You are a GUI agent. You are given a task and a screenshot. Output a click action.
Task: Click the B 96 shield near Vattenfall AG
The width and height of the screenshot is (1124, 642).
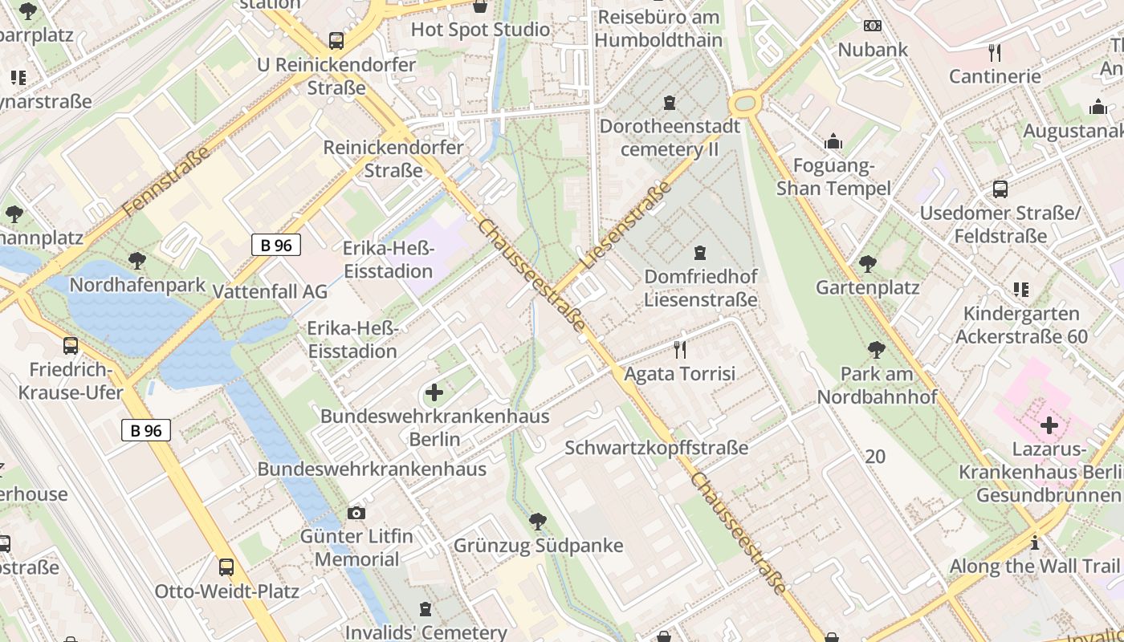(276, 245)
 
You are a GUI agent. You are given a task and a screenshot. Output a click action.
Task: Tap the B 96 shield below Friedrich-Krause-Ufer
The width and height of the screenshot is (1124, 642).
(146, 430)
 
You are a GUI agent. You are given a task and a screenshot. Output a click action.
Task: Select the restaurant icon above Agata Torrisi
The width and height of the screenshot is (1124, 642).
(680, 349)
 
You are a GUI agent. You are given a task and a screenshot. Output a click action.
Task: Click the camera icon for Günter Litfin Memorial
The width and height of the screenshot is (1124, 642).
(356, 513)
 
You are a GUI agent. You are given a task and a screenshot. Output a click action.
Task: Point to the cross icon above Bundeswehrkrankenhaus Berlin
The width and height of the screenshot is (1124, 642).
(434, 392)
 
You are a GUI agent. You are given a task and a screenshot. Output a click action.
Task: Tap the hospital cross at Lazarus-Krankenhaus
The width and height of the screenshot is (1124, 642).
(1049, 425)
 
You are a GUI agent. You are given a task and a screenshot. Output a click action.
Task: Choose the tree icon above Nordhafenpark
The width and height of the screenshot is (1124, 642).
(137, 261)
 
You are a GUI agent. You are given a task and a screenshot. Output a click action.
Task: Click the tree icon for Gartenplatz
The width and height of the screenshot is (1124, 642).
(867, 263)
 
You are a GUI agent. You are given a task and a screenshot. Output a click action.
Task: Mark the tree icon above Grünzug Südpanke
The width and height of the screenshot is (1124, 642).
(538, 522)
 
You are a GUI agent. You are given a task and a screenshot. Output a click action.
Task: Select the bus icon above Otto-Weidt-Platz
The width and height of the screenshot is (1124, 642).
(226, 567)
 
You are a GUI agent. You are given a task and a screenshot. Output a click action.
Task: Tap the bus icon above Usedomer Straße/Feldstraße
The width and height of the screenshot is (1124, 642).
(1000, 189)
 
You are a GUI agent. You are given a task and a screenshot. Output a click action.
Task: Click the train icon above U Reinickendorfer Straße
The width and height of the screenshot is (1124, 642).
(336, 40)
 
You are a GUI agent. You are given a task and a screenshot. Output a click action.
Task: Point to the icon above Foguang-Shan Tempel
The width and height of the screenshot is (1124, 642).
(833, 142)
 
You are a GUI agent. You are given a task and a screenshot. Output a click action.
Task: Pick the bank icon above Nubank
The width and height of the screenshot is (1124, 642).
(873, 26)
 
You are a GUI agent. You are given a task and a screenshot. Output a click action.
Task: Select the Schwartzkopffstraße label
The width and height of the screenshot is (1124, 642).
(656, 448)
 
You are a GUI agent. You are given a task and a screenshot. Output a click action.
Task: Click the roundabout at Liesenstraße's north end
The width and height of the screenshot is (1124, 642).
(744, 103)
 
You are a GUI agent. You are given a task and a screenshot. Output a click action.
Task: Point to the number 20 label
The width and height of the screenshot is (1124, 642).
(875, 457)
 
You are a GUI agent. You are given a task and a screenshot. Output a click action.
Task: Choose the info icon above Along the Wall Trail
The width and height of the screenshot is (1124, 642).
(1035, 542)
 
